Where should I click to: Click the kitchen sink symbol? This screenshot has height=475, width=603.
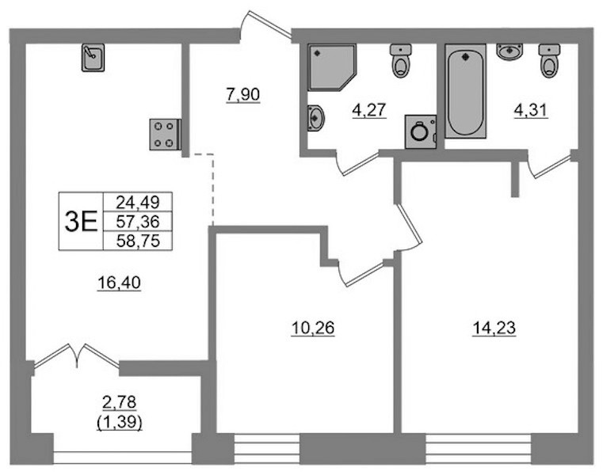pos(93,58)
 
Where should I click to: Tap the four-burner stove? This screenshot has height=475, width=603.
pos(165,134)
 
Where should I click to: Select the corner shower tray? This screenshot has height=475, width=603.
pos(332,67)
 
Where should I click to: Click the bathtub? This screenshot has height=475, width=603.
pos(465,91)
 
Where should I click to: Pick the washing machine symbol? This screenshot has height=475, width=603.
pos(421,131)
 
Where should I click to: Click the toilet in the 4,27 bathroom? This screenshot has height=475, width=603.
pos(401,61)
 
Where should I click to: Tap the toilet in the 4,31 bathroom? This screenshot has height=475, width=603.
pos(549,61)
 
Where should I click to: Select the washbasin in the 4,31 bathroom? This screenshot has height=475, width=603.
pos(509,51)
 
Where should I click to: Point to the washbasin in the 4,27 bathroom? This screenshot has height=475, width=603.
pos(315,118)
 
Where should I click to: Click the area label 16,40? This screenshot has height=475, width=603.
pos(119,283)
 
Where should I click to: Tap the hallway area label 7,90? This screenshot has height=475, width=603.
pos(243,94)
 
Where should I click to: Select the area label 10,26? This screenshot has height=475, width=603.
pos(313,329)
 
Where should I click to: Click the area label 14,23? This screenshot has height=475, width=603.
pos(494,329)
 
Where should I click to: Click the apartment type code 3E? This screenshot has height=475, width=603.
pos(81,222)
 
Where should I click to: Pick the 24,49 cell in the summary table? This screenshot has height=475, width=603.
pos(138,202)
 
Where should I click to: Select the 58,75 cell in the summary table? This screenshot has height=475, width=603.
pos(138,241)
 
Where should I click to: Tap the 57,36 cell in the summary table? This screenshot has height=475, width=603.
pos(138,222)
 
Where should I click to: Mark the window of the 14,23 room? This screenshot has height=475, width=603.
pos(478,449)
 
